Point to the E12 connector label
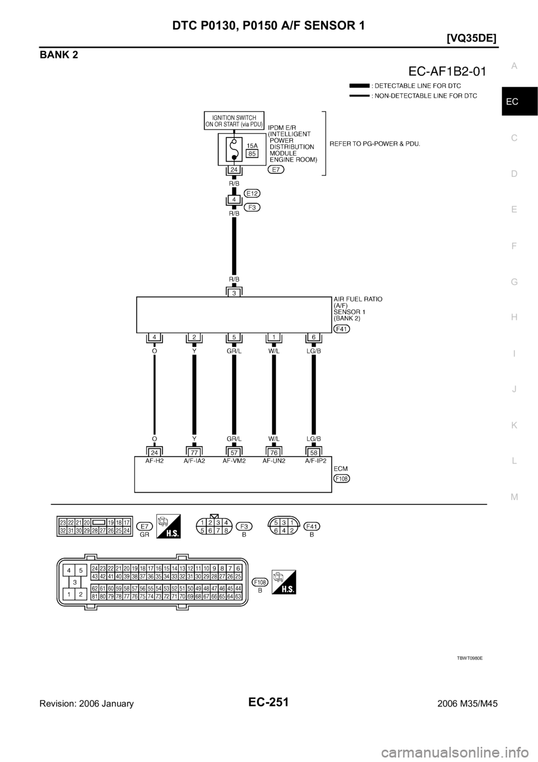click(x=252, y=193)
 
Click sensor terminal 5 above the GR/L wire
click(x=234, y=337)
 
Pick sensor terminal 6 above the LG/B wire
click(x=313, y=337)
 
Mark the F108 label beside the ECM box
click(x=341, y=478)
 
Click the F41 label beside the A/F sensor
click(x=341, y=329)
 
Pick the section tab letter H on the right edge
click(x=514, y=316)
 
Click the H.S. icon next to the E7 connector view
click(x=169, y=527)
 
